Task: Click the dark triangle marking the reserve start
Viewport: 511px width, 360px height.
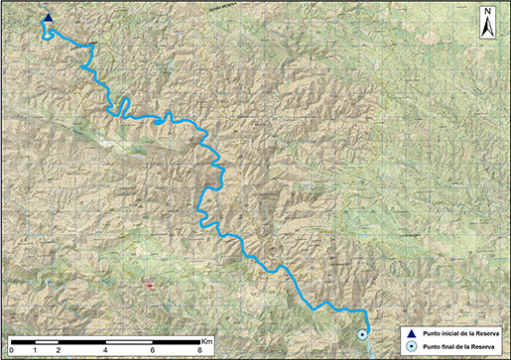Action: tap(48, 17)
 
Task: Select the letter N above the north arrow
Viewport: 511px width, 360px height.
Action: tap(487, 12)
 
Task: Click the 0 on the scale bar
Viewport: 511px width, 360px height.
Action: tap(11, 350)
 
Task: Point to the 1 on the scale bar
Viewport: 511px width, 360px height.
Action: tap(35, 350)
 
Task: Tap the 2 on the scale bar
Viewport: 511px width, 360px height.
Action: tap(59, 350)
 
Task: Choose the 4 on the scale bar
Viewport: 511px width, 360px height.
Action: tap(105, 350)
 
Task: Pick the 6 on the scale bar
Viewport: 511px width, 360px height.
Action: tap(152, 350)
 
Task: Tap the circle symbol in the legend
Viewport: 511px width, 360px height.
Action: tap(410, 345)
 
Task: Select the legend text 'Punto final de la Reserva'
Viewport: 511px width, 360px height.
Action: tap(458, 345)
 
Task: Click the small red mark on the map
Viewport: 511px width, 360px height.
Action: tap(151, 285)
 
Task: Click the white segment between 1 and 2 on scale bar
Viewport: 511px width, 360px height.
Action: tap(47, 342)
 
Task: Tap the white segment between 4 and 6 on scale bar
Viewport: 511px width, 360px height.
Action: tap(129, 342)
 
